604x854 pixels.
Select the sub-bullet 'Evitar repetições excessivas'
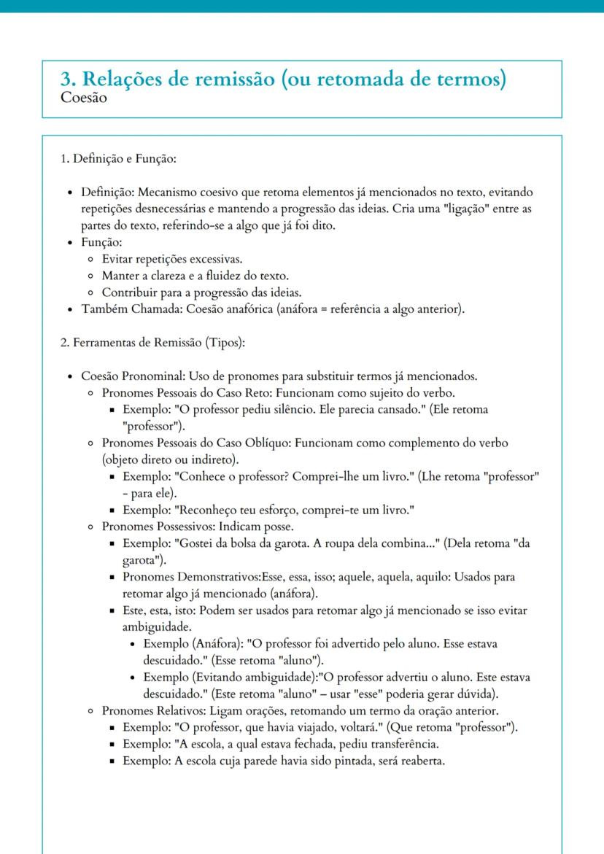[x=172, y=258]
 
